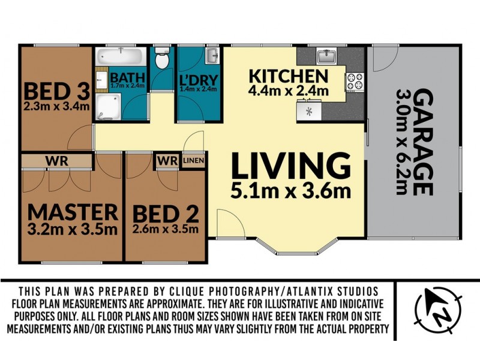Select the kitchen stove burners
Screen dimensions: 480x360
[355, 82]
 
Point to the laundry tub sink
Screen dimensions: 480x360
[212, 56]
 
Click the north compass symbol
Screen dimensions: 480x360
[438, 310]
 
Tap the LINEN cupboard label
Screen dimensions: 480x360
[193, 160]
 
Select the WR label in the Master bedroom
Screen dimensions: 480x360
[56, 161]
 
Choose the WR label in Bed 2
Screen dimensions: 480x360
[167, 160]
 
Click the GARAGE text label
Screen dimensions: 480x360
[423, 142]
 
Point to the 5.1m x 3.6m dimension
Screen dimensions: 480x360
[290, 191]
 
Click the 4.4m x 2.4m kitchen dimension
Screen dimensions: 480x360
[289, 91]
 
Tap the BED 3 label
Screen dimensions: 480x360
[57, 91]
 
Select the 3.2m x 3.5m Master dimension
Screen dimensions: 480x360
[72, 229]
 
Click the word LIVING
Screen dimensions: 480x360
[291, 166]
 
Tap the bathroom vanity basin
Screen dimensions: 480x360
[101, 79]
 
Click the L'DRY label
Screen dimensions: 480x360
[199, 80]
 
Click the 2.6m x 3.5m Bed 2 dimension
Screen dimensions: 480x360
[166, 229]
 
